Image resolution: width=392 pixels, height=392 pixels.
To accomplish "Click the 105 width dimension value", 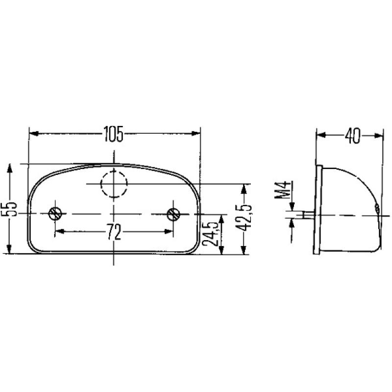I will pos(113,133).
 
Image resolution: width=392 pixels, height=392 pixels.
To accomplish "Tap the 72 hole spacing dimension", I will pos(114,232).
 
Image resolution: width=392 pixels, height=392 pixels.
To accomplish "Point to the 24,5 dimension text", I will pos(211,234).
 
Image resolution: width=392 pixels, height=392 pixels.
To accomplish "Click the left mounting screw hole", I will pos(55,214).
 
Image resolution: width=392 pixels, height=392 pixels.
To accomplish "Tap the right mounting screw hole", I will pos(172,214).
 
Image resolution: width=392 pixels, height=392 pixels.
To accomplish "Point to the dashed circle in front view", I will pos(114,184).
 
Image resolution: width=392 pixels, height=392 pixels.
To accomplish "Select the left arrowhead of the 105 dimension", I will pos(33,133).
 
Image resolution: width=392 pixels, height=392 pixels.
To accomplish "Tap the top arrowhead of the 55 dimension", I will pos(9,169).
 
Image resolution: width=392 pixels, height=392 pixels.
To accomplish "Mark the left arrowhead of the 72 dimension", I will pos(58,230).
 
